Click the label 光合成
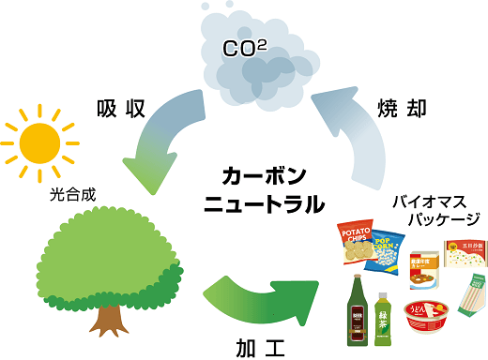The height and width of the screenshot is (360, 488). [x=72, y=197]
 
